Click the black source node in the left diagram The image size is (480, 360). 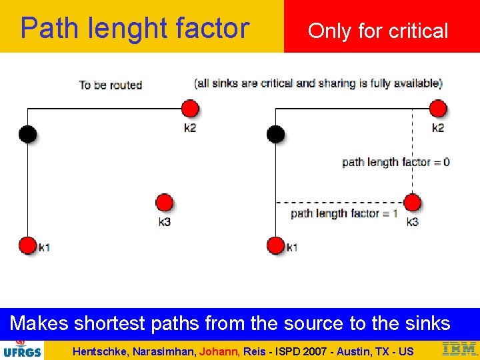tap(27, 134)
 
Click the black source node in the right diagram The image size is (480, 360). tap(275, 134)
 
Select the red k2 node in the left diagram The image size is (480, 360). tap(190, 109)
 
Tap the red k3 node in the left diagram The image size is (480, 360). tap(164, 203)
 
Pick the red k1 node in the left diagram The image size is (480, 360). tap(27, 245)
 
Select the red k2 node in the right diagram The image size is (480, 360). tap(438, 109)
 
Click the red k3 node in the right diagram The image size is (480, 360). tap(413, 203)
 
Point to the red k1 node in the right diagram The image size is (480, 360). tap(275, 245)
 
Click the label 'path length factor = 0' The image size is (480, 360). tap(395, 162)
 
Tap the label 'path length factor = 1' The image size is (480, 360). tap(344, 213)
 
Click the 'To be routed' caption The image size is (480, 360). tap(111, 85)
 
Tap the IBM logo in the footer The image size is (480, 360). tap(459, 349)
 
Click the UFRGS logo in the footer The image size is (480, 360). tap(21, 349)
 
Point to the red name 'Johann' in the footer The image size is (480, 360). tap(217, 351)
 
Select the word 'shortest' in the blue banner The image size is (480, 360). tap(110, 323)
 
